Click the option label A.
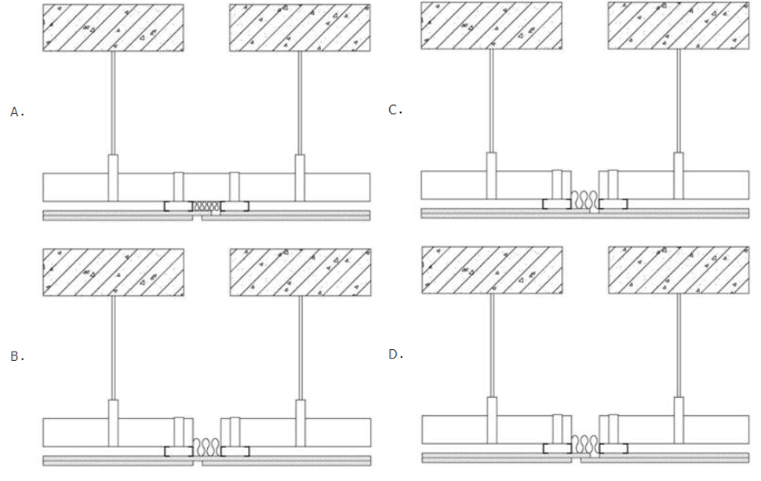[17, 112]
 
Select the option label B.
[17, 356]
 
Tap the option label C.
[395, 110]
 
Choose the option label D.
[396, 355]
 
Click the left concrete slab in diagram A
[113, 27]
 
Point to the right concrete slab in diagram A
[300, 27]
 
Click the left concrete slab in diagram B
[113, 272]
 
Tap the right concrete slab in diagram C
[679, 26]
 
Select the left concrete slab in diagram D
[492, 270]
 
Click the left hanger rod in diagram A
[113, 103]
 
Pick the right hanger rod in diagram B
[300, 348]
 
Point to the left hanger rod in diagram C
[492, 101]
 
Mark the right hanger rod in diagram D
[679, 345]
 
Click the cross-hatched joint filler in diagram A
[207, 206]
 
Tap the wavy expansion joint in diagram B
[207, 447]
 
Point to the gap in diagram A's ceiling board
[197, 216]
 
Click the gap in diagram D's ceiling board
[576, 457]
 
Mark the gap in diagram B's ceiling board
[198, 461]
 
